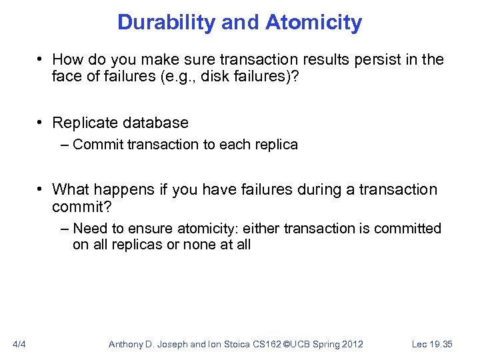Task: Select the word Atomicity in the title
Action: [x=313, y=23]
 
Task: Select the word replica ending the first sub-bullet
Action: [x=276, y=145]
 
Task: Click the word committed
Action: [x=407, y=229]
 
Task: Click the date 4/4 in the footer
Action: [x=19, y=344]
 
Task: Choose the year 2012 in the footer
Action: [x=351, y=344]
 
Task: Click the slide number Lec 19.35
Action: [x=432, y=344]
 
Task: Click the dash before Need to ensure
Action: [x=64, y=229]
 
